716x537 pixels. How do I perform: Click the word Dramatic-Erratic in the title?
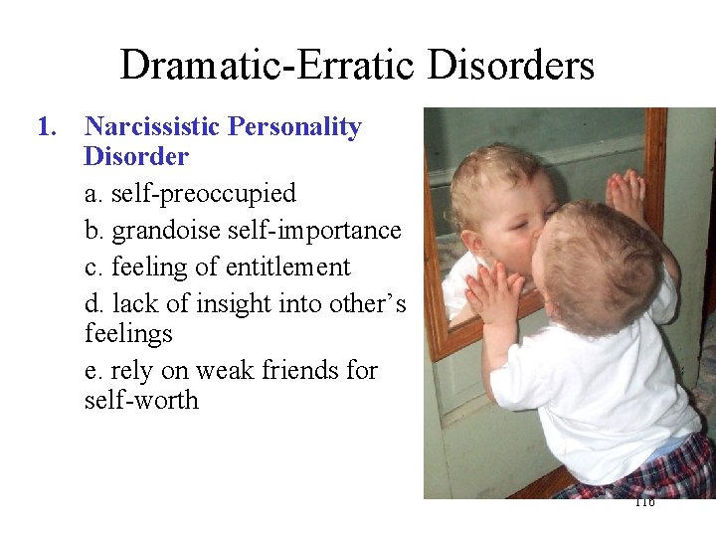268,66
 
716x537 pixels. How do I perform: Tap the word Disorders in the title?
511,66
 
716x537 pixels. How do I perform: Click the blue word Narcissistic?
152,127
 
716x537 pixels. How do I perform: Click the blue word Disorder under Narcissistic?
136,157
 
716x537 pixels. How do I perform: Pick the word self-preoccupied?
204,193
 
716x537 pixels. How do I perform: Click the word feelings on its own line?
128,333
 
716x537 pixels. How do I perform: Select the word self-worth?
141,401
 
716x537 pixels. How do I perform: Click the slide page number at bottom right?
643,502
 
